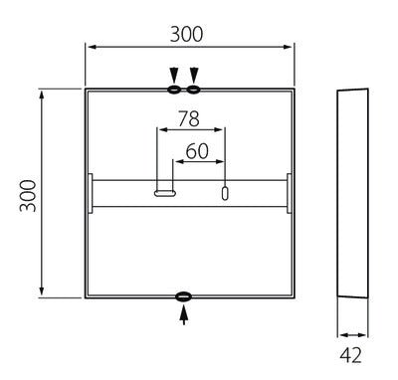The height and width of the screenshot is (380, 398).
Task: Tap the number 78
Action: pyautogui.click(x=187, y=119)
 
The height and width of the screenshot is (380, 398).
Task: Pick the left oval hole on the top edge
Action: pyautogui.click(x=174, y=90)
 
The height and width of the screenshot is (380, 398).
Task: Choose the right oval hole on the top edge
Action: pyautogui.click(x=194, y=90)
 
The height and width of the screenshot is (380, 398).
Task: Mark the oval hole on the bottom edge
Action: pyautogui.click(x=184, y=296)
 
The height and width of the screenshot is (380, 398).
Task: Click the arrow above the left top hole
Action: pyautogui.click(x=174, y=75)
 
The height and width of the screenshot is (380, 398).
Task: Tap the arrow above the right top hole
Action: pyautogui.click(x=194, y=75)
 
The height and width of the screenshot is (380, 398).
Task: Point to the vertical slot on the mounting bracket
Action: pyautogui.click(x=224, y=193)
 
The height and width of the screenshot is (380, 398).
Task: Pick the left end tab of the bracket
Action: pyautogui.click(x=90, y=193)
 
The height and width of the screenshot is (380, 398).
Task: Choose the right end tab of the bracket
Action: pyautogui.click(x=290, y=193)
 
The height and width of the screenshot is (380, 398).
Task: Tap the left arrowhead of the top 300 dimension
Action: pyautogui.click(x=90, y=47)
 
